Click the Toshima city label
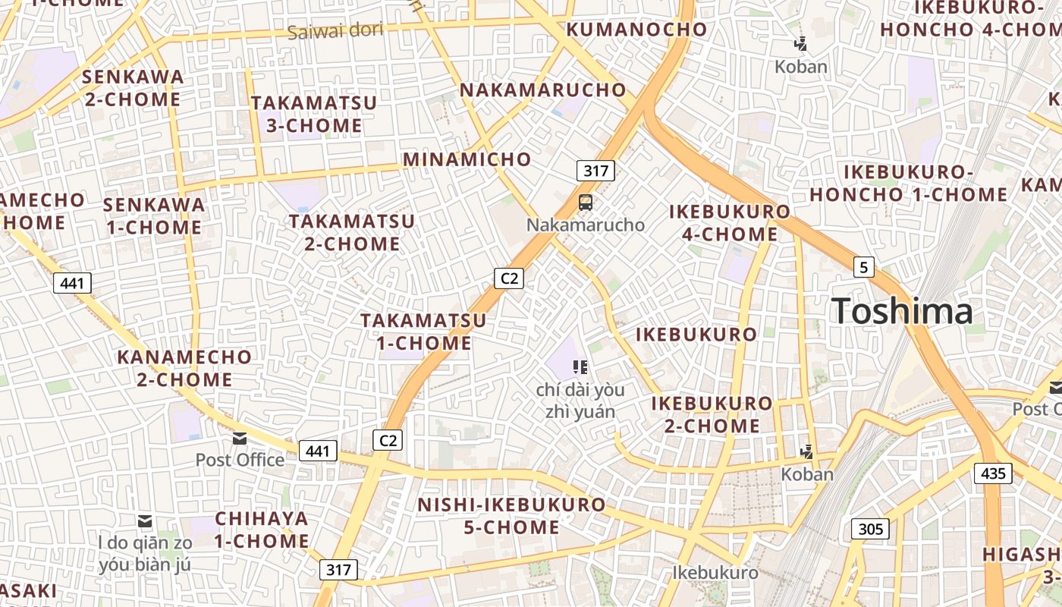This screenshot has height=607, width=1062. tap(901, 312)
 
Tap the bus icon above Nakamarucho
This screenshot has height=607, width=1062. tap(585, 203)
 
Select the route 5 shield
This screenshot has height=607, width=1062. tap(863, 267)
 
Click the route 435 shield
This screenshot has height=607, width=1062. tap(992, 474)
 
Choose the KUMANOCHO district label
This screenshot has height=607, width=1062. tap(636, 30)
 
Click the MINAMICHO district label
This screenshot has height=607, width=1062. tap(467, 159)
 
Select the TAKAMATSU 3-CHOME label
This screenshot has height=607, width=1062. tap(313, 114)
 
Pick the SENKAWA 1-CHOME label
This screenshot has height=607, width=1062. tap(153, 215)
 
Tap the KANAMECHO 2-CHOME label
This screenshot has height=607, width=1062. tap(184, 367)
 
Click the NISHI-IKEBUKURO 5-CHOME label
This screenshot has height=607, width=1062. tap(511, 516)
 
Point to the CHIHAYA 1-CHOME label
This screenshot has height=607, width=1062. tap(261, 530)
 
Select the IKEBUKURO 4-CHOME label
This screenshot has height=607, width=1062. tap(730, 222)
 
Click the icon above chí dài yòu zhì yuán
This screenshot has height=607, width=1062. tap(580, 368)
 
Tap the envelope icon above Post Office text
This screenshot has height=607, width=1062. tap(240, 439)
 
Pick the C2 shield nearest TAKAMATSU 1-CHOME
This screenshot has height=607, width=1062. tap(509, 278)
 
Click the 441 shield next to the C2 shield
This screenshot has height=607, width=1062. tap(318, 451)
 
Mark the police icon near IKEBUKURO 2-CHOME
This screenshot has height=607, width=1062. tap(806, 452)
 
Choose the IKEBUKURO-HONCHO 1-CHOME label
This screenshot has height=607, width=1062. tap(908, 183)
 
